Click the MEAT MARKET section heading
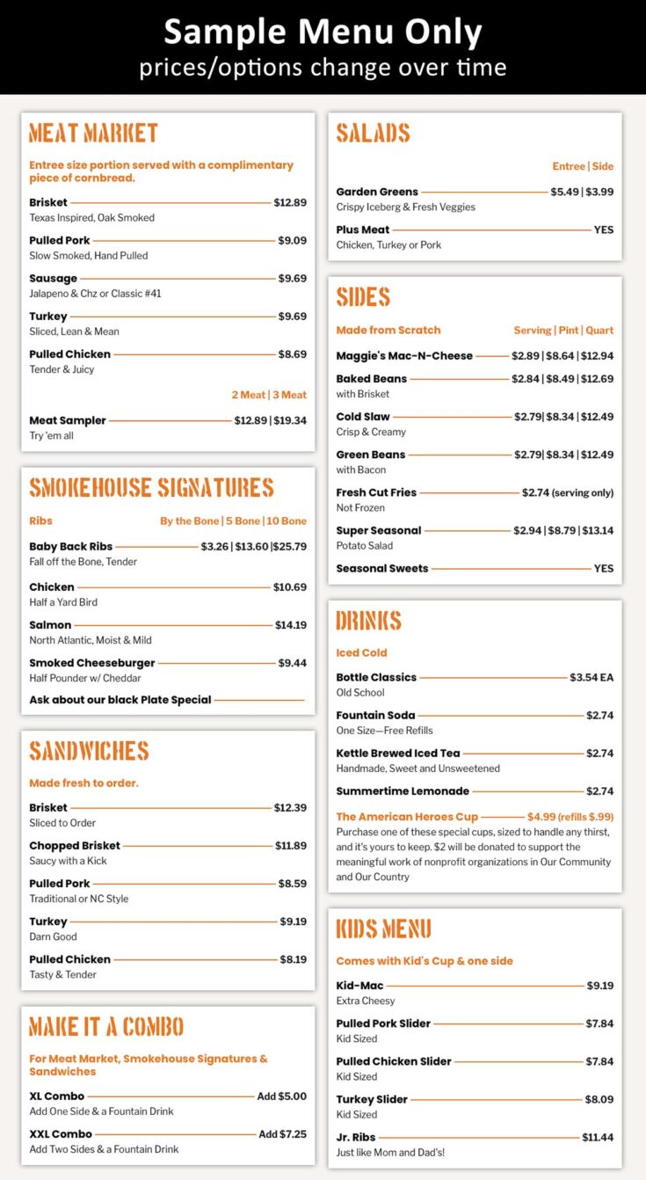coord(93,134)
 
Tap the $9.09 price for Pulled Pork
coord(292,240)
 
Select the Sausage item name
coord(53,278)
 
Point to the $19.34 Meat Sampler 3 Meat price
coord(290,420)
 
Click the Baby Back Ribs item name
coord(70,546)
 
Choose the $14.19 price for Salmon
coord(290,625)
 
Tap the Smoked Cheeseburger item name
coord(91,663)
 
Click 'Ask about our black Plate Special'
coord(120,700)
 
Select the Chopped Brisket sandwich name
coord(75,845)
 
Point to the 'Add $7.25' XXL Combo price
coord(282,1134)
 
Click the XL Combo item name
coord(56,1096)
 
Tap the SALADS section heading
coord(373,134)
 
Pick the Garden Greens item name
coord(376,192)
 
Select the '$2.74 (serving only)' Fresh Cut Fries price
coord(567,492)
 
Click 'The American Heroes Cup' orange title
coord(406,816)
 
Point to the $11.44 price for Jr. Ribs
coord(598,1137)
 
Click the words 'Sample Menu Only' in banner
coord(323,33)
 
